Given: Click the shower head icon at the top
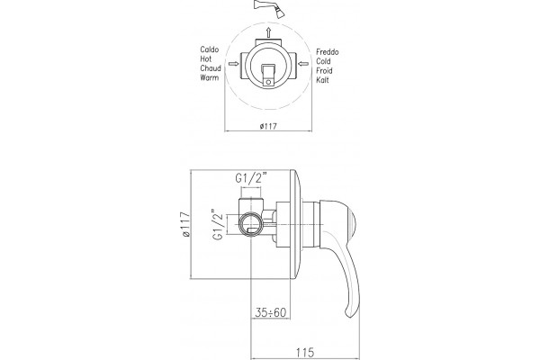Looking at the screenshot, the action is tap(269, 8).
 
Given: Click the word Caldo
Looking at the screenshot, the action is tap(210, 49).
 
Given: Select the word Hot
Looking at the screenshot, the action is tap(206, 58).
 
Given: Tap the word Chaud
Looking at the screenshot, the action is tap(211, 68).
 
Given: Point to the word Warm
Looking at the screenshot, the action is tap(210, 77).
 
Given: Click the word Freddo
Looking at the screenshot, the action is tap(328, 52).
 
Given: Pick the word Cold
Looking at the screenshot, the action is tap(323, 61).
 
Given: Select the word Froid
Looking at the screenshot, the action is tap(324, 70).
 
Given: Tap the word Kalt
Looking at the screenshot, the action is tap(323, 80).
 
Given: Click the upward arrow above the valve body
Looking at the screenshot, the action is tap(268, 32).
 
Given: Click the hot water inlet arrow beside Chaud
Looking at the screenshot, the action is tap(233, 64).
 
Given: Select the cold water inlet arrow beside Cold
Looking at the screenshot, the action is tap(303, 63).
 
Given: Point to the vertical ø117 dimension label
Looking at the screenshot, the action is tap(186, 224).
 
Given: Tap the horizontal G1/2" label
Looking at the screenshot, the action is tap(251, 179).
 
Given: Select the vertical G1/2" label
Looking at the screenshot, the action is tap(219, 224).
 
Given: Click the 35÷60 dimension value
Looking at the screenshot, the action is tap(271, 312).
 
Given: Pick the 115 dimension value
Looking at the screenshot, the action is tap(305, 353).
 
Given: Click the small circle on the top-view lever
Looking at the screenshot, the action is tap(268, 82).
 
